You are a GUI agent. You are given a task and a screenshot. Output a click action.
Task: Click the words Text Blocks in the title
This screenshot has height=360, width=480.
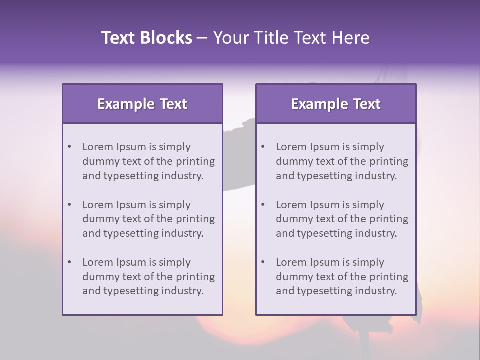click(x=147, y=38)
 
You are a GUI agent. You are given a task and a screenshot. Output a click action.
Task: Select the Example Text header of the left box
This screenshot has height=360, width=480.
click(x=142, y=104)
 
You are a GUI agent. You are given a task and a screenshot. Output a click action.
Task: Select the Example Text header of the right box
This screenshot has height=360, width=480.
click(x=336, y=104)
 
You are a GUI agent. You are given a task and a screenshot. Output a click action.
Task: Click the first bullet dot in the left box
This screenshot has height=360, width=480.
click(x=70, y=147)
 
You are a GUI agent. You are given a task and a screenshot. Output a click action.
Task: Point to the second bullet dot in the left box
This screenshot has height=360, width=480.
click(x=70, y=205)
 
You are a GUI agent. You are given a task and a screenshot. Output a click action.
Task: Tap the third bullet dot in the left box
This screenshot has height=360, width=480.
click(x=70, y=262)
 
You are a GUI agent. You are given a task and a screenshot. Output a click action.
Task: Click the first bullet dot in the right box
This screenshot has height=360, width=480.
click(x=263, y=147)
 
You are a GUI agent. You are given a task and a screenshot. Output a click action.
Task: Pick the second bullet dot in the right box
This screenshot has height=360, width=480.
click(x=263, y=205)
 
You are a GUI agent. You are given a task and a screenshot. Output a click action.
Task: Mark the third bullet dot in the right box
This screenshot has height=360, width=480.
click(x=263, y=262)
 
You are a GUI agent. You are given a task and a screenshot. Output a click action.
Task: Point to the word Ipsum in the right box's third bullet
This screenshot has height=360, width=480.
click(x=325, y=262)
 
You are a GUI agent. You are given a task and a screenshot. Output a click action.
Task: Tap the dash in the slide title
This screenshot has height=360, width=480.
click(x=202, y=38)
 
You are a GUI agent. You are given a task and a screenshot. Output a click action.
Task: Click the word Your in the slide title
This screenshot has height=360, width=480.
click(x=230, y=38)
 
